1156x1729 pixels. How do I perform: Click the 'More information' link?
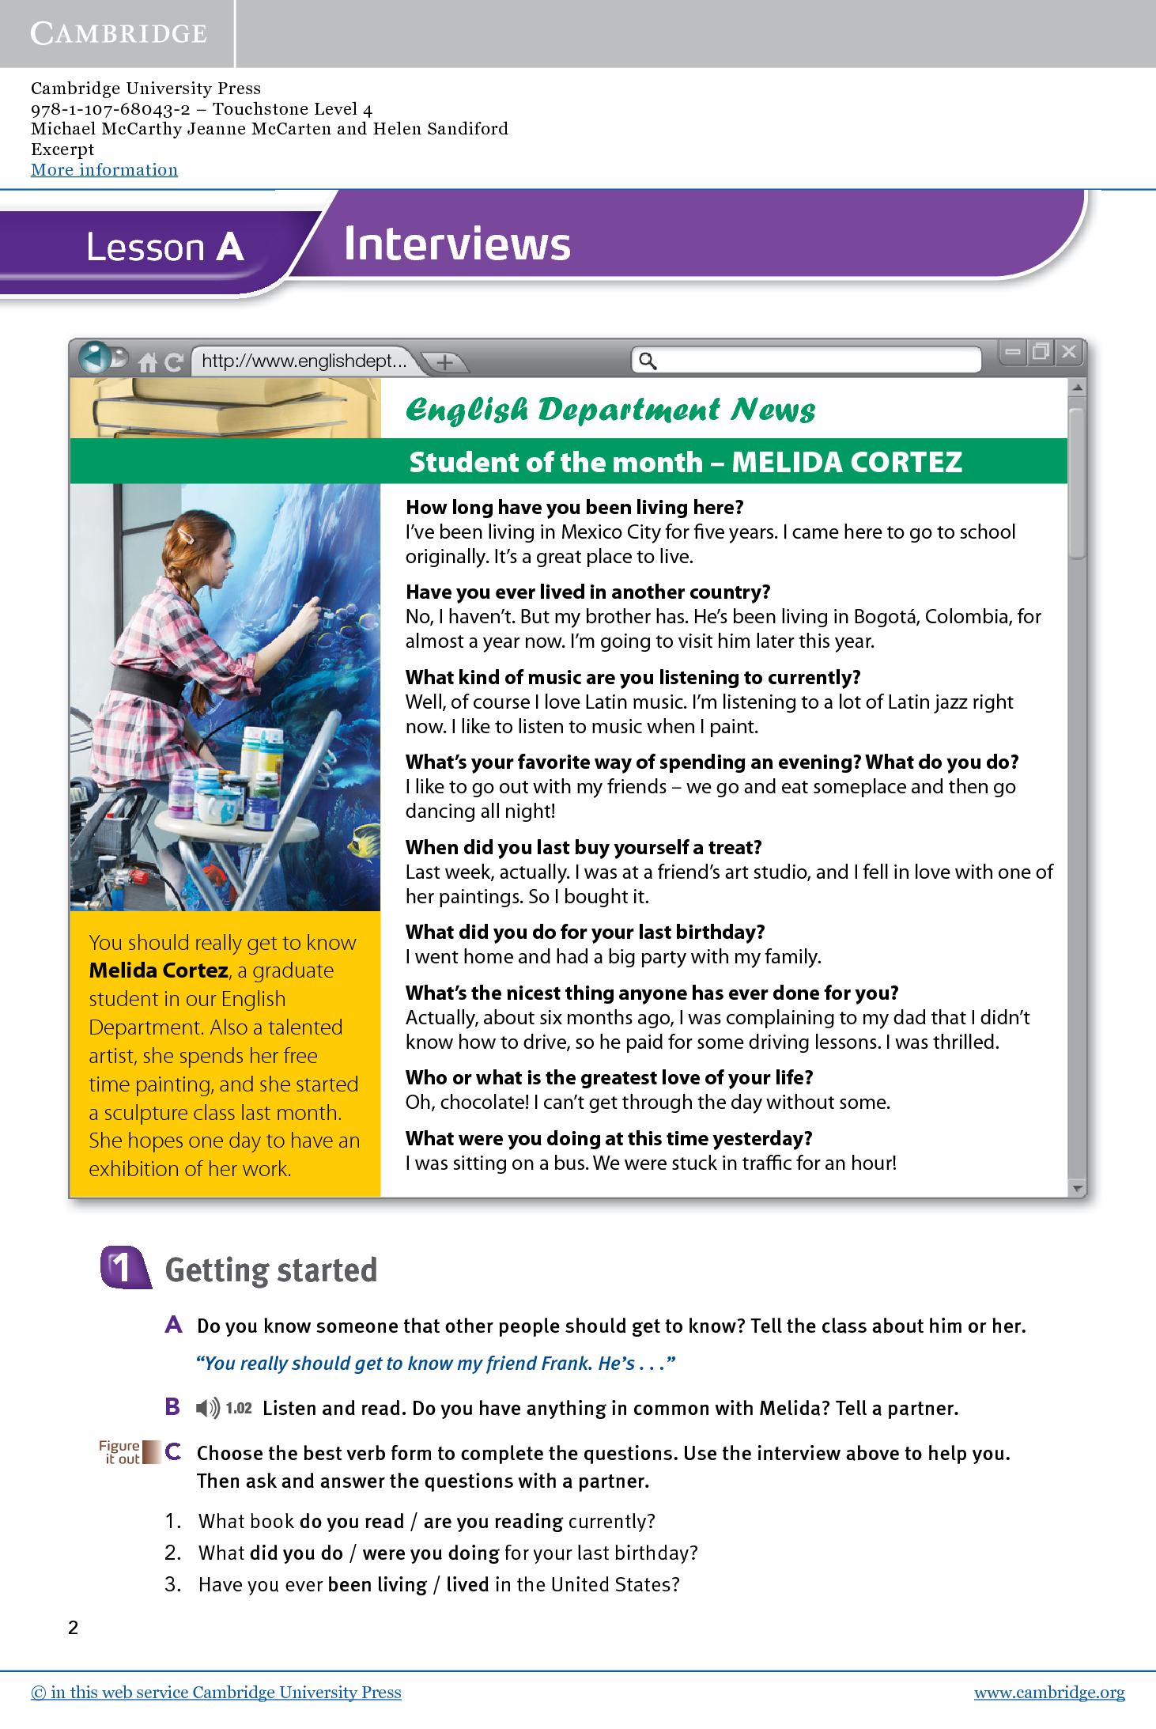coord(104,170)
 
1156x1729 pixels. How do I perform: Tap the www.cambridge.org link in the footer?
coord(1048,1693)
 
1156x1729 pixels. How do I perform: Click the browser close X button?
coord(1068,352)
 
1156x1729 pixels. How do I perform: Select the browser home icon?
coord(148,363)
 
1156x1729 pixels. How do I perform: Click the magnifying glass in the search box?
coord(648,361)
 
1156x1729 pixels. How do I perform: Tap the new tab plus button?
coord(445,362)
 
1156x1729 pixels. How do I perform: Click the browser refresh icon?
coord(173,363)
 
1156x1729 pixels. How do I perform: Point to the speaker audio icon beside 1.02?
coord(208,1408)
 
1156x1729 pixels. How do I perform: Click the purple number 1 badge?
coord(124,1269)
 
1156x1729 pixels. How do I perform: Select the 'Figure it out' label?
coord(119,1452)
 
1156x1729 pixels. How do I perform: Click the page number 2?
coord(74,1628)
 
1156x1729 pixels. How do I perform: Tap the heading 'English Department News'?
coord(610,410)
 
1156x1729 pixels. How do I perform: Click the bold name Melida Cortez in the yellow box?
coord(158,970)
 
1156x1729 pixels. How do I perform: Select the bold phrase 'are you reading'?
coord(493,1521)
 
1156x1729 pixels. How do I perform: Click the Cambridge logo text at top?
coord(119,33)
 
